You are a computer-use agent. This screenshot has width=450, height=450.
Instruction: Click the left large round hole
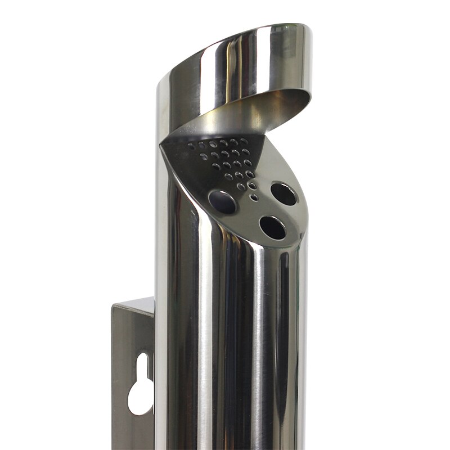pyautogui.click(x=222, y=202)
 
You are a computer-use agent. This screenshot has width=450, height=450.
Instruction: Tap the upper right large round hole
pyautogui.click(x=283, y=193)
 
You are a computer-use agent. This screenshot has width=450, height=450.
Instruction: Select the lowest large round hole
pyautogui.click(x=272, y=227)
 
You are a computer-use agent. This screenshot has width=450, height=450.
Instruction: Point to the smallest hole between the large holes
pyautogui.click(x=254, y=197)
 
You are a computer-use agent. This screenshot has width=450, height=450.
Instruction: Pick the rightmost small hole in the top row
pyautogui.click(x=244, y=141)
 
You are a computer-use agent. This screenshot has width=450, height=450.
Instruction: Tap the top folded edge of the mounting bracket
pyautogui.click(x=134, y=304)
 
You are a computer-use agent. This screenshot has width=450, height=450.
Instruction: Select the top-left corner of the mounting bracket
pyautogui.click(x=114, y=306)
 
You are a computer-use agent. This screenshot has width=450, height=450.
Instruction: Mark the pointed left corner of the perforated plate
pyautogui.click(x=162, y=143)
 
